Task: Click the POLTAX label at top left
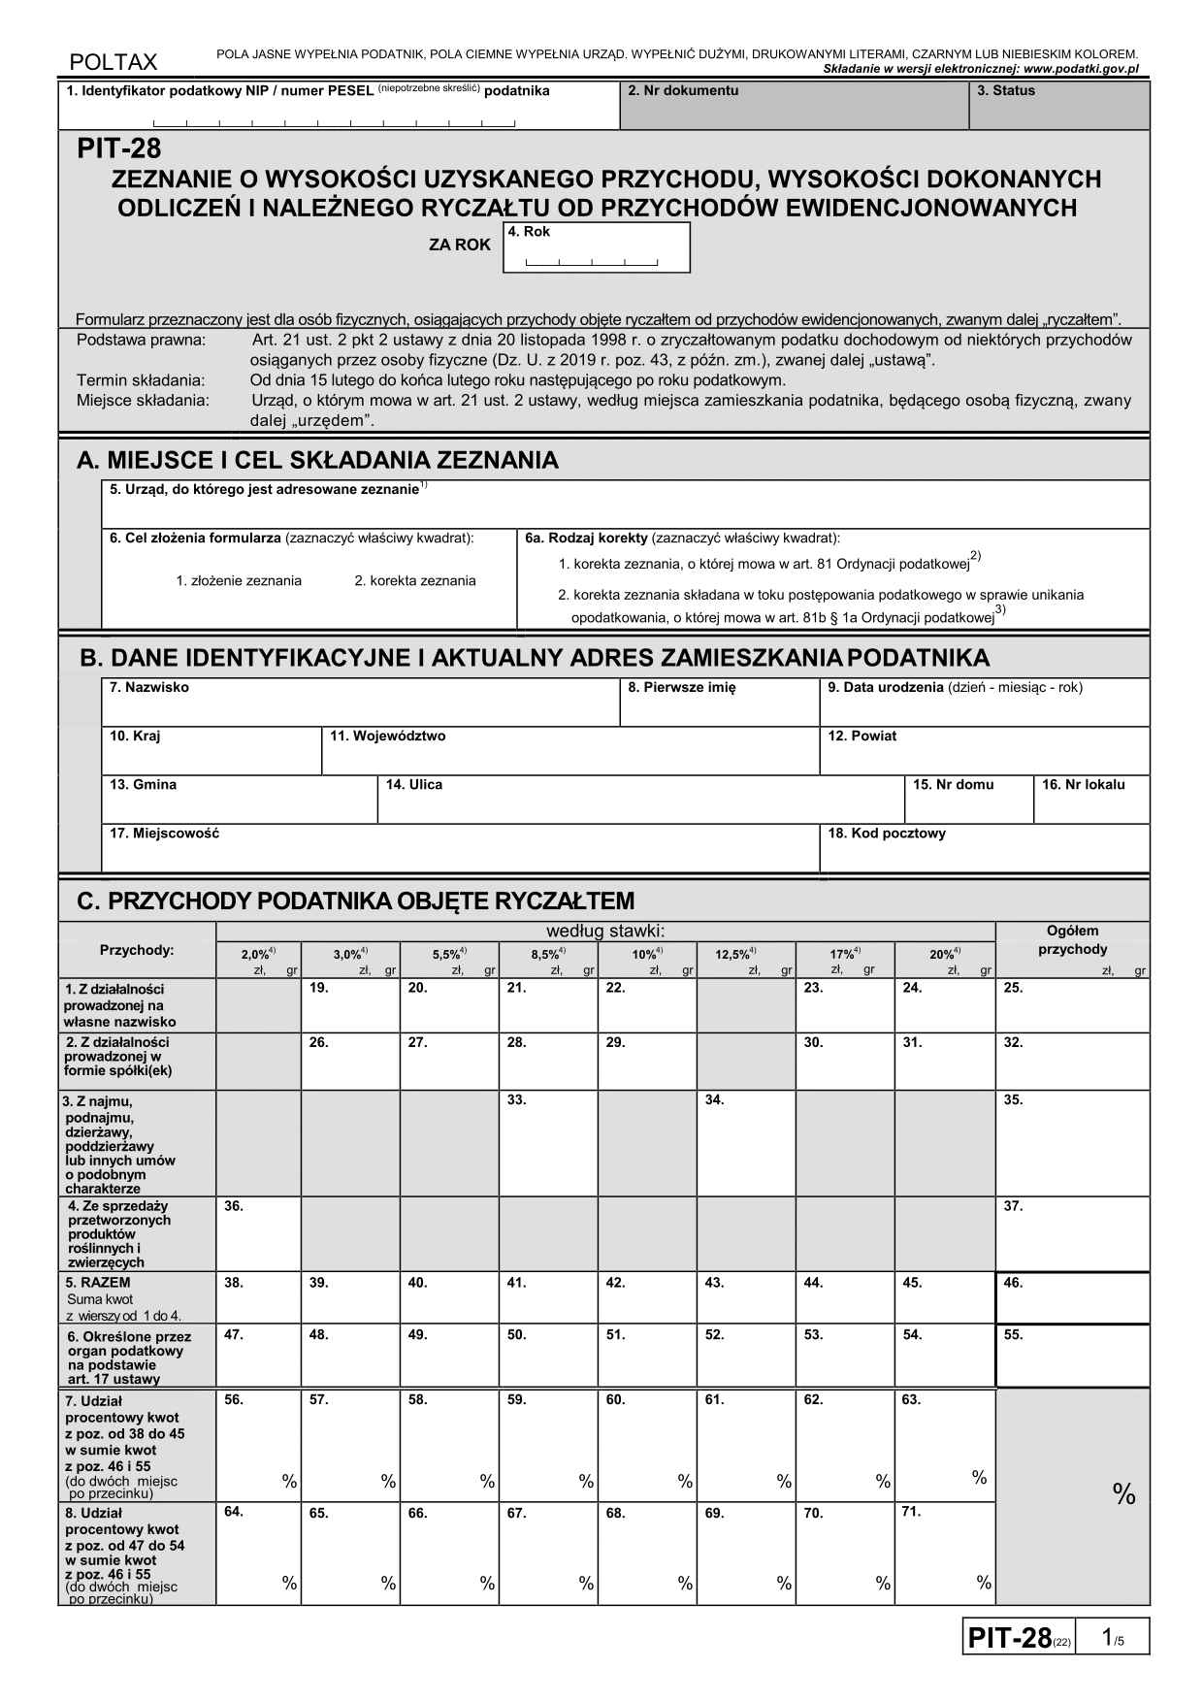click(114, 63)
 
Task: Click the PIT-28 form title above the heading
click(119, 150)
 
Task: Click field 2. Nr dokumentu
click(793, 107)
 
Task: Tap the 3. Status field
click(1058, 107)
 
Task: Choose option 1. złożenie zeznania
click(239, 581)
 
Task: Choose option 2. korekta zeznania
click(415, 581)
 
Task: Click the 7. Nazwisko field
click(360, 704)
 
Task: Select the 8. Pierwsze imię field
click(719, 704)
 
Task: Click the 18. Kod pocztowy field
click(984, 850)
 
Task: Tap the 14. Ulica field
click(639, 802)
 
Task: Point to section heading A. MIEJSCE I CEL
click(317, 461)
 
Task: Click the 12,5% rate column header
click(736, 955)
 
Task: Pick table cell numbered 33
click(547, 1142)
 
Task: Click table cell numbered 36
click(258, 1234)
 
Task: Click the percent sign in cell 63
click(980, 1478)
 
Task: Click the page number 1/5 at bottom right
click(1112, 1639)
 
